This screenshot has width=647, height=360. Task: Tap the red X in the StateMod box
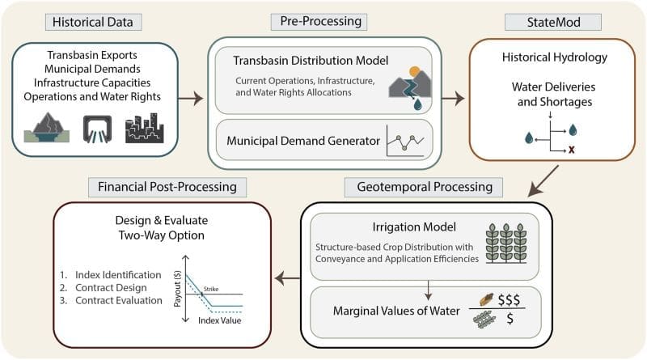coord(572,150)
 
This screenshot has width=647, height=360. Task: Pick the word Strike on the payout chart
coord(211,289)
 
